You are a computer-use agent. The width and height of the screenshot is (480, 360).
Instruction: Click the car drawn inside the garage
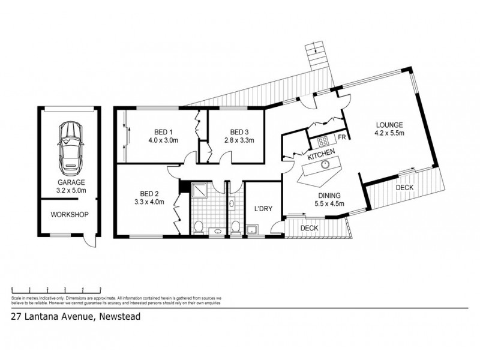[x=71, y=146]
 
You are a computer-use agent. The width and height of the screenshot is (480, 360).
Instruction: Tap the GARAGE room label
[x=71, y=182]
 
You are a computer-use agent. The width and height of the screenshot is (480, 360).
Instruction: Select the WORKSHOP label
[x=70, y=214]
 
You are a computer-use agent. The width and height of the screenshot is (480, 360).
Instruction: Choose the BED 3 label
[x=239, y=133]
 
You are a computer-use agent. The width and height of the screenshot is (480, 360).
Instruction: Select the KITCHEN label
[x=322, y=156]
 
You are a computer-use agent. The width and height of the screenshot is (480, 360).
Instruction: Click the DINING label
[x=330, y=196]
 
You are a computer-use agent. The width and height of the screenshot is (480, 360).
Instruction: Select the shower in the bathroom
[x=199, y=190]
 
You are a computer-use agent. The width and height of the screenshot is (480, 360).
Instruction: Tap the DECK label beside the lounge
[x=404, y=188]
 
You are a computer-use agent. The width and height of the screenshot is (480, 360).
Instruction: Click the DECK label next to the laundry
[x=309, y=229]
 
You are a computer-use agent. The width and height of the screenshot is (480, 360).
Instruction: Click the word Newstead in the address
[x=121, y=317]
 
